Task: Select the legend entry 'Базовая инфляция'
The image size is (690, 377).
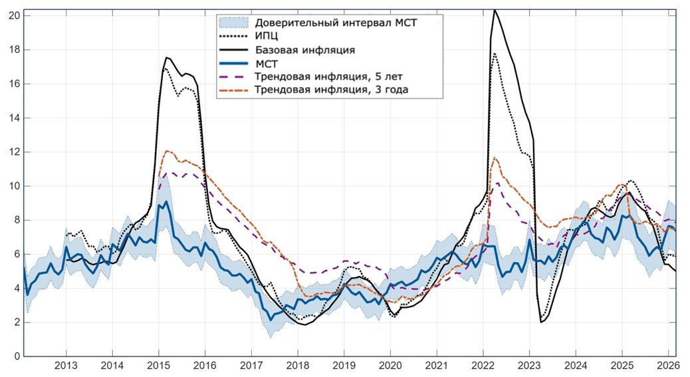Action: click(x=304, y=50)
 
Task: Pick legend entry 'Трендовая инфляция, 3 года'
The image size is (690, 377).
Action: click(x=331, y=90)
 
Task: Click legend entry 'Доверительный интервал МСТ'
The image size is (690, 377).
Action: click(x=336, y=23)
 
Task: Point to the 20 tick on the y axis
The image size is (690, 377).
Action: click(x=13, y=15)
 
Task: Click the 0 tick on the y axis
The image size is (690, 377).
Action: click(x=16, y=356)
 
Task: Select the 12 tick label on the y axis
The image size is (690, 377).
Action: click(x=13, y=152)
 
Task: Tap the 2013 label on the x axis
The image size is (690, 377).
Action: click(x=65, y=366)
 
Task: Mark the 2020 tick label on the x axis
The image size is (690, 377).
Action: click(x=390, y=366)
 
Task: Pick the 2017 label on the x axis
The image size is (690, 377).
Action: click(x=251, y=366)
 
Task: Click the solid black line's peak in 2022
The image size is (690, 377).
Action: click(x=495, y=10)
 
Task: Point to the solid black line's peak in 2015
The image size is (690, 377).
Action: click(x=166, y=57)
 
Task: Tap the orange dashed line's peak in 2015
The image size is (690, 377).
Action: click(x=167, y=151)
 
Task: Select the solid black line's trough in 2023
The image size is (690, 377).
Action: click(x=542, y=322)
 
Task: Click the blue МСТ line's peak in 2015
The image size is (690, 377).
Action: click(x=166, y=201)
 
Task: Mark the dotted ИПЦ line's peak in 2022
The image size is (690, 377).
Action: click(x=495, y=53)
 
